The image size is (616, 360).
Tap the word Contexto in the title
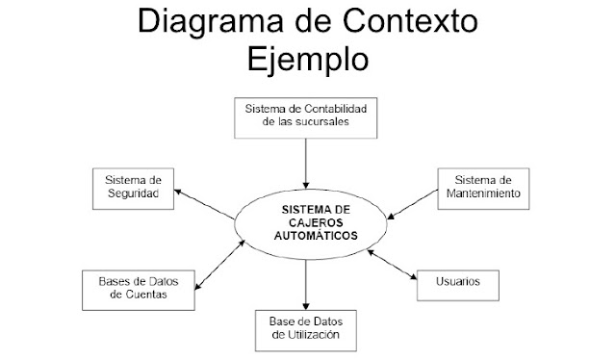(x=415, y=23)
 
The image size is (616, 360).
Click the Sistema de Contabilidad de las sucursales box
(x=304, y=116)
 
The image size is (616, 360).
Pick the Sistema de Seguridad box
(x=133, y=189)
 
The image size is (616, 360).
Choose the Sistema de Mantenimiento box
(x=478, y=188)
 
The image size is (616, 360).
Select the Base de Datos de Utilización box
(x=304, y=330)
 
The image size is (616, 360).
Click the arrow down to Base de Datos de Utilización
(x=305, y=285)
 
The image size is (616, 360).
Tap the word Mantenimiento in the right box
(x=478, y=194)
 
